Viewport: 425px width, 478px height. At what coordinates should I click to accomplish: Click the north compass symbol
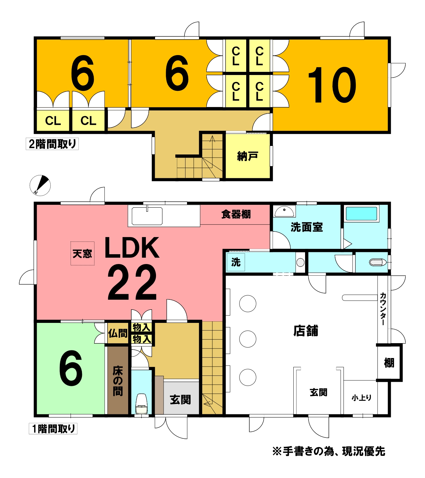[x=40, y=186]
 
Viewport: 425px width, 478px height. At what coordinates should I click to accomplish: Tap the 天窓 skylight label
[x=82, y=254]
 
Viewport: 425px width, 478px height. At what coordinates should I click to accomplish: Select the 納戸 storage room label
[x=247, y=156]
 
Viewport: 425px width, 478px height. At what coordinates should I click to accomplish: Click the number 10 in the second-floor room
[x=332, y=85]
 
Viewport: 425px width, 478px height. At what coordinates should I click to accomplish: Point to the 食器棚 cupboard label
[x=236, y=214]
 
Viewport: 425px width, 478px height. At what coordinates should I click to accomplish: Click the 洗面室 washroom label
[x=307, y=227]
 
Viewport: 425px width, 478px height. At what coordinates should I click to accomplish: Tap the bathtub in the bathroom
[x=361, y=214]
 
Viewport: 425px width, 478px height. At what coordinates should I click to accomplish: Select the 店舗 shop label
[x=306, y=331]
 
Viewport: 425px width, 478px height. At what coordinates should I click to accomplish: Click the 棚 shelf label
[x=389, y=363]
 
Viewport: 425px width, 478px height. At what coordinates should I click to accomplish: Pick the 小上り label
[x=362, y=398]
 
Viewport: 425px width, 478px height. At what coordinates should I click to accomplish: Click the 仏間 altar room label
[x=118, y=333]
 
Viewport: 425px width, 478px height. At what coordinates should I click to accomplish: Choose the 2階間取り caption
[x=52, y=144]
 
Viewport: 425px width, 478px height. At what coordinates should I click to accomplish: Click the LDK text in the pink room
[x=132, y=248]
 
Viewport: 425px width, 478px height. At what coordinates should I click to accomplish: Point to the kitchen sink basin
[x=147, y=216]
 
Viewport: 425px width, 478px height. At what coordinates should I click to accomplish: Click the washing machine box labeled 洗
[x=236, y=262]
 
